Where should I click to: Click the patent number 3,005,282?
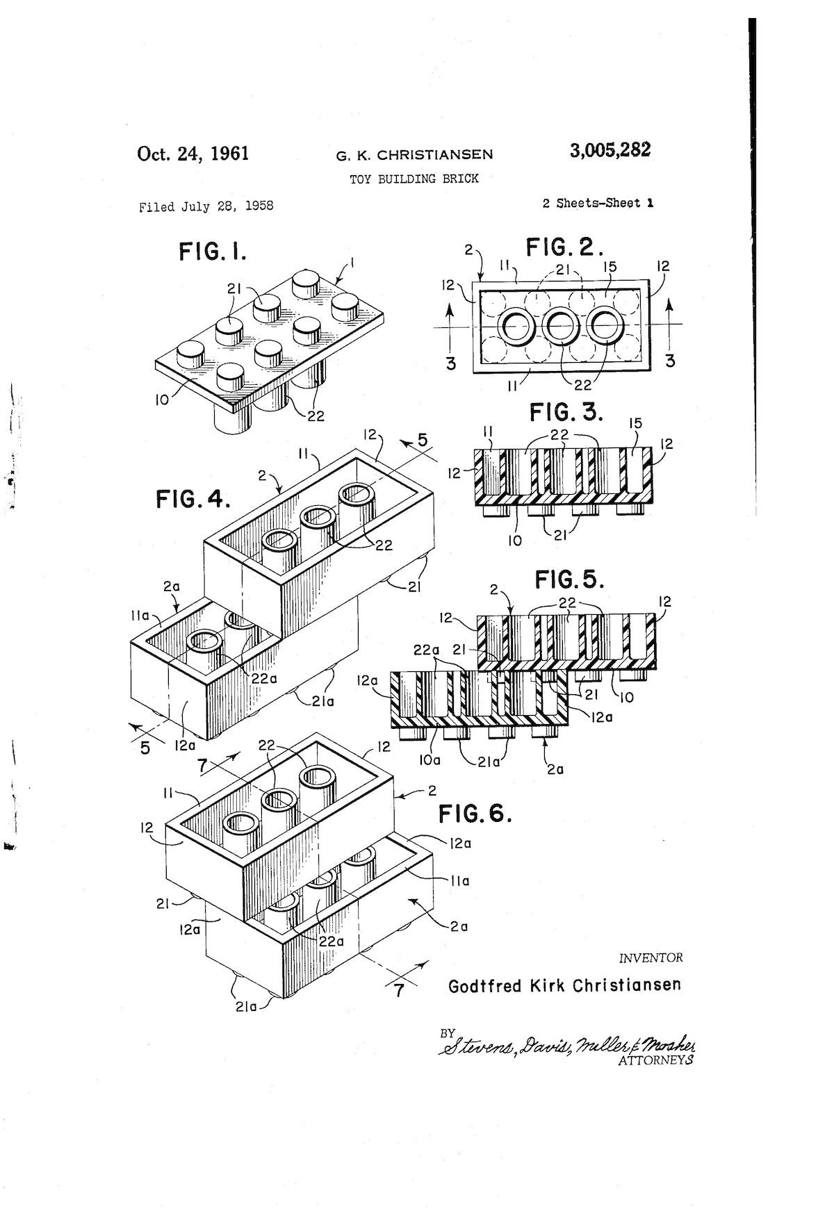[610, 151]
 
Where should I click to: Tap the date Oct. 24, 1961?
[193, 154]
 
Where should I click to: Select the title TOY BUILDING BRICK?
[414, 179]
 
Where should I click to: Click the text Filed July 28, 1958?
[206, 206]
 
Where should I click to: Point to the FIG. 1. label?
[213, 251]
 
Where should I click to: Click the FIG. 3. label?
[566, 412]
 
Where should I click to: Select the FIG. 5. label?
[569, 579]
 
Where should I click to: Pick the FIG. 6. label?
[475, 813]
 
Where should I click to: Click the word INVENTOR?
[651, 957]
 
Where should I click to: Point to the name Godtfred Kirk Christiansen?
[564, 985]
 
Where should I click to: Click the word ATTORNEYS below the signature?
[655, 1060]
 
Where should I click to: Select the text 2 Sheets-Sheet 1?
[598, 204]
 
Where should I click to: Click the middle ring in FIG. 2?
[562, 325]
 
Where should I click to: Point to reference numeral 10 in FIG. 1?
[162, 400]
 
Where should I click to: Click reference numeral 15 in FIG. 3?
[635, 423]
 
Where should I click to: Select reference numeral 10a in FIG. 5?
[431, 760]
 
